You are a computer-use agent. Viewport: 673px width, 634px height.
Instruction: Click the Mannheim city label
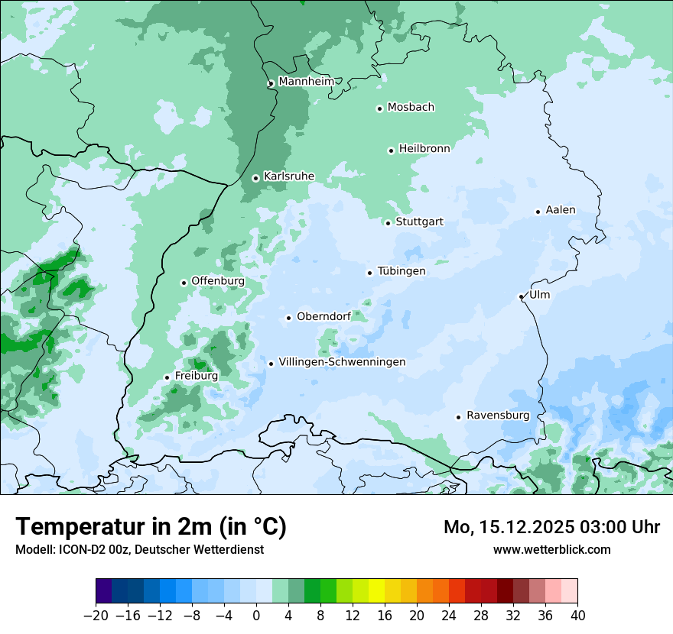(x=307, y=82)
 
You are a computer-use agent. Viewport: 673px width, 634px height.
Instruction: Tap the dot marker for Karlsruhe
(x=255, y=178)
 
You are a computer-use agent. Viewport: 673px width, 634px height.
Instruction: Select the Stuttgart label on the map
(x=419, y=222)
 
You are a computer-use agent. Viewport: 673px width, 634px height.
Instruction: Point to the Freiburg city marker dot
(x=167, y=377)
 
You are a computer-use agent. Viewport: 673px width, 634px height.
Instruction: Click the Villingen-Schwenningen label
(x=342, y=362)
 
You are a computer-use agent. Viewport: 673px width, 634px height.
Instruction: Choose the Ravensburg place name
(x=498, y=416)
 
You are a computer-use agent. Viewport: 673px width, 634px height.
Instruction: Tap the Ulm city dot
(x=521, y=296)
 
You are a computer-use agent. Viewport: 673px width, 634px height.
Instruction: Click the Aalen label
(x=561, y=210)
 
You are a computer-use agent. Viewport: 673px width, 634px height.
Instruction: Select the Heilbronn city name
(x=424, y=149)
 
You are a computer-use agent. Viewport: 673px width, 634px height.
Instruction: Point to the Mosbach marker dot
(x=379, y=108)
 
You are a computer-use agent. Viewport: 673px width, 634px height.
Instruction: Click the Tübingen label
(x=402, y=271)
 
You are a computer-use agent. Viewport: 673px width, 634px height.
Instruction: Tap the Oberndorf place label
(x=323, y=316)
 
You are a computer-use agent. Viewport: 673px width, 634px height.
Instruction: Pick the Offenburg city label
(x=218, y=281)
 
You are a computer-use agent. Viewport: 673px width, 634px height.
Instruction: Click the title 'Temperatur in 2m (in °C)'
(x=151, y=527)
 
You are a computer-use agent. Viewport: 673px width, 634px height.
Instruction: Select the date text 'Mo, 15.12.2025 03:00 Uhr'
(x=551, y=527)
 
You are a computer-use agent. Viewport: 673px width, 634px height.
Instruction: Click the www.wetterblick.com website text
(x=551, y=549)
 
